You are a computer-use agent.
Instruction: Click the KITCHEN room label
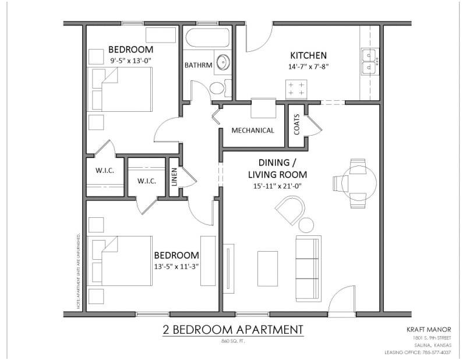(x=304, y=55)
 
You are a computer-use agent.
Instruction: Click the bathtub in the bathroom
(x=207, y=41)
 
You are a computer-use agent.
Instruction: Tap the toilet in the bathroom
(x=217, y=88)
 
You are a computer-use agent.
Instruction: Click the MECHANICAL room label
(x=253, y=130)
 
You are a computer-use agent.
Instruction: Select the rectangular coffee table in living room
(x=267, y=267)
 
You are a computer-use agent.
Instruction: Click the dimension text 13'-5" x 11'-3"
(x=176, y=267)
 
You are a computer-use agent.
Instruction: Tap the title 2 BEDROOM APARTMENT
(x=233, y=330)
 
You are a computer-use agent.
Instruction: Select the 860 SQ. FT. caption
(x=232, y=341)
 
